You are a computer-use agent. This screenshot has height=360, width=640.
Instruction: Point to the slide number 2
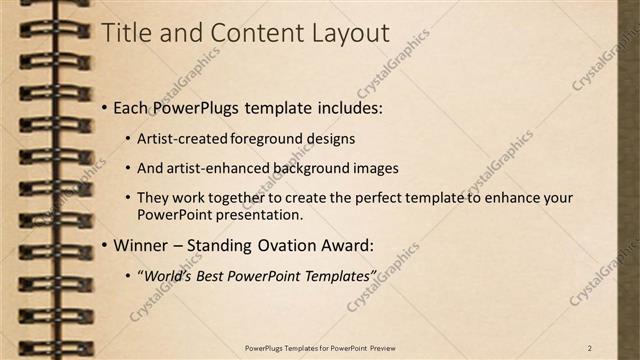point(590,347)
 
